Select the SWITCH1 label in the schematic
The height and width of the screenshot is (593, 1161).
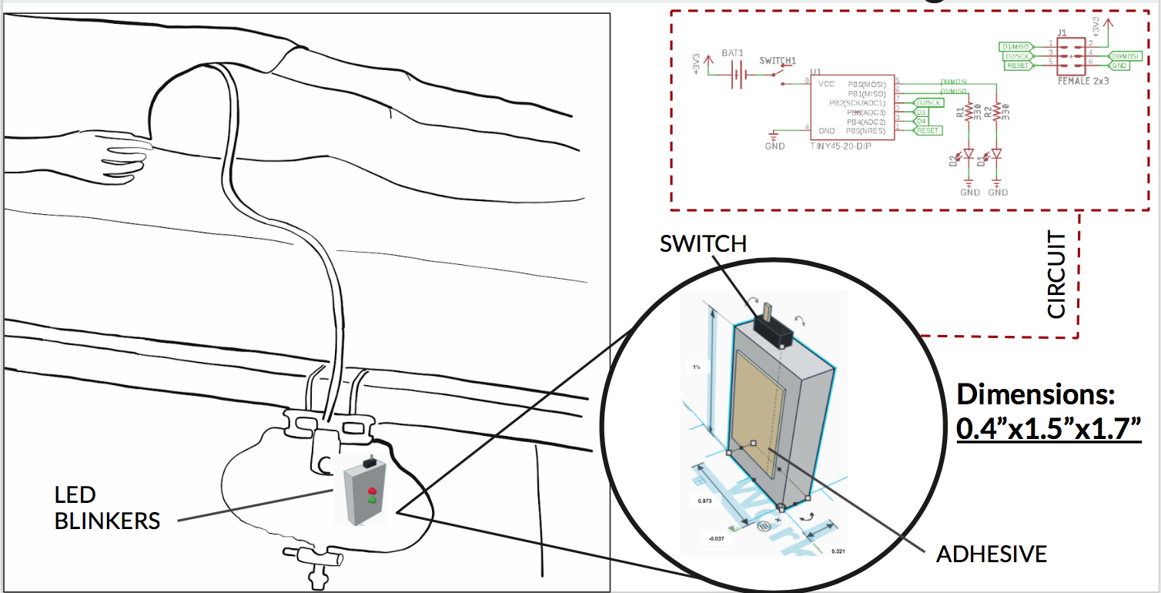[777, 60]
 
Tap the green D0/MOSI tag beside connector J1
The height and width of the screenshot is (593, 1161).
[1125, 55]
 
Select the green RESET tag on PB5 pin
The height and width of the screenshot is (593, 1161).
[927, 131]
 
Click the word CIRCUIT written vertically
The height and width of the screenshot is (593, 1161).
[1057, 276]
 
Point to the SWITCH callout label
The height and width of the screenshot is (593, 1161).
[703, 244]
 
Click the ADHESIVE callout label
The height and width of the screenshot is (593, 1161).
[991, 554]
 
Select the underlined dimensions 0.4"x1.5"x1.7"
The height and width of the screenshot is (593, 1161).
[1048, 429]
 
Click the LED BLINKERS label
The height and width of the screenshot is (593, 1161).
[107, 508]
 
